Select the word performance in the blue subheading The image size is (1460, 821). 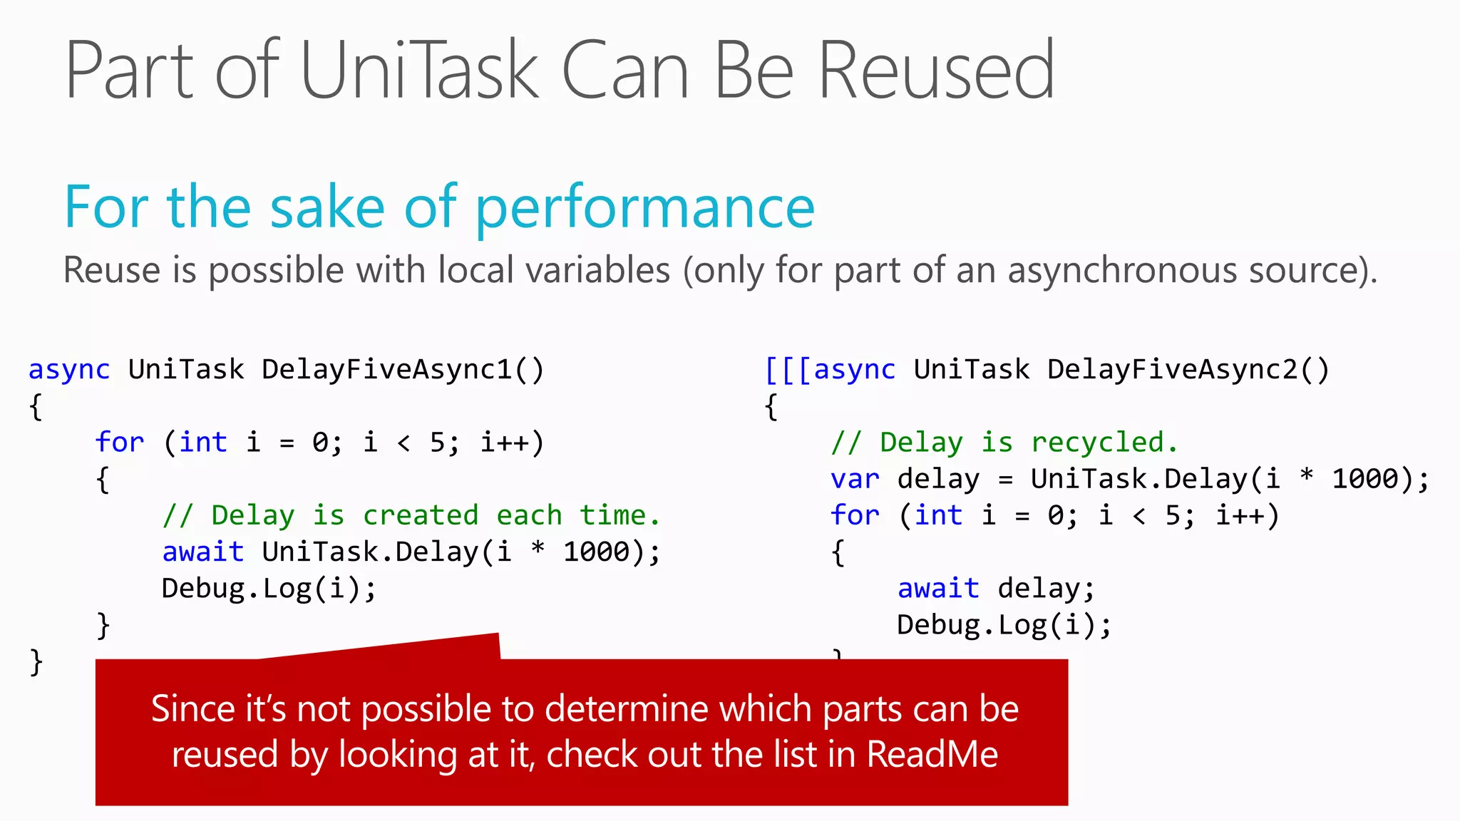(644, 208)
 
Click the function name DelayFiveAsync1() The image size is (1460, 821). (403, 370)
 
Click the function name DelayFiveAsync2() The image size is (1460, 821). (1188, 370)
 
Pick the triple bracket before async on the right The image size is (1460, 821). (787, 370)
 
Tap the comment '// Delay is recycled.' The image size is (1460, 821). (1004, 443)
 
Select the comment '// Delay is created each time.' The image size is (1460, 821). (411, 515)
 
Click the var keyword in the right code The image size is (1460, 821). (855, 479)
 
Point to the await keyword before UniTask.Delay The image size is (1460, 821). (203, 552)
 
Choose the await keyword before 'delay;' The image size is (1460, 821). (938, 589)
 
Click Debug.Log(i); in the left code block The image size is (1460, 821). (269, 589)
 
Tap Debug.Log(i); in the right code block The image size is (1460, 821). (1004, 625)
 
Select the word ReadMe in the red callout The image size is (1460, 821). (932, 754)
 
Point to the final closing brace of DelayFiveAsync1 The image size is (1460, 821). (36, 662)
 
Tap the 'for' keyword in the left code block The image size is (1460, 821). (120, 443)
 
